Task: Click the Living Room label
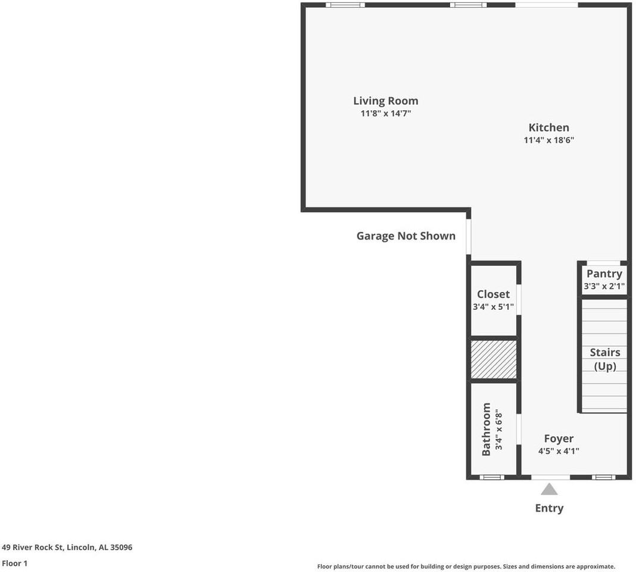pyautogui.click(x=385, y=101)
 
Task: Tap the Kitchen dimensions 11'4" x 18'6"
pyautogui.click(x=548, y=141)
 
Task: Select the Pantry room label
pyautogui.click(x=604, y=273)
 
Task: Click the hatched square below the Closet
pyautogui.click(x=493, y=359)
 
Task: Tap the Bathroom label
pyautogui.click(x=486, y=429)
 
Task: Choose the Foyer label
pyautogui.click(x=559, y=439)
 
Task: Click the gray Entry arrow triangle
pyautogui.click(x=549, y=489)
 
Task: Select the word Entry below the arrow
pyautogui.click(x=549, y=508)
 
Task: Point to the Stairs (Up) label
pyautogui.click(x=605, y=359)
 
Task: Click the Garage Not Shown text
pyautogui.click(x=406, y=236)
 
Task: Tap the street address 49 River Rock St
pyautogui.click(x=67, y=547)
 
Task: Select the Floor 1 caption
pyautogui.click(x=15, y=563)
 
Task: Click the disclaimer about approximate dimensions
pyautogui.click(x=466, y=567)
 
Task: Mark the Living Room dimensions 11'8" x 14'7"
pyautogui.click(x=385, y=113)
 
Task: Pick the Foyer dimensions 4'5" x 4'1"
pyautogui.click(x=559, y=451)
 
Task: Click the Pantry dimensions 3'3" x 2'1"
pyautogui.click(x=604, y=287)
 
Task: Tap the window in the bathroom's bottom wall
pyautogui.click(x=492, y=477)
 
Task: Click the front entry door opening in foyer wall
pyautogui.click(x=550, y=477)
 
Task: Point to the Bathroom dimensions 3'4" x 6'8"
pyautogui.click(x=500, y=429)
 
